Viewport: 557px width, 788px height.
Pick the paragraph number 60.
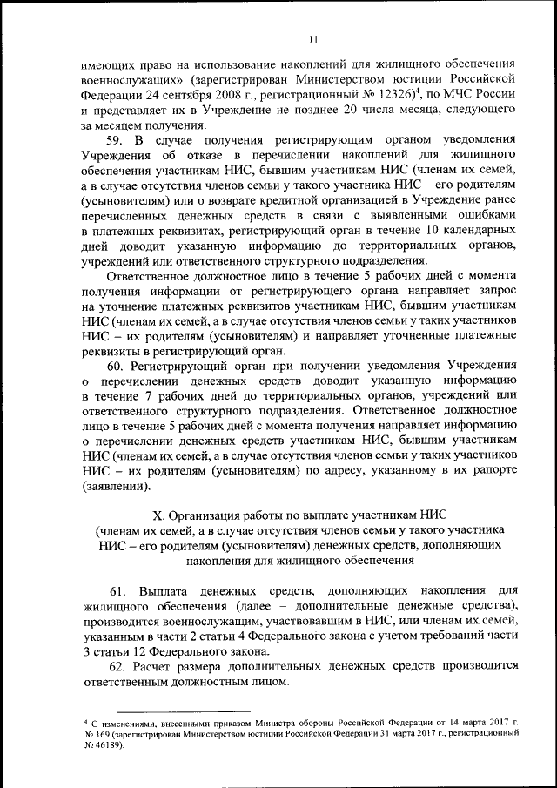(x=117, y=367)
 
